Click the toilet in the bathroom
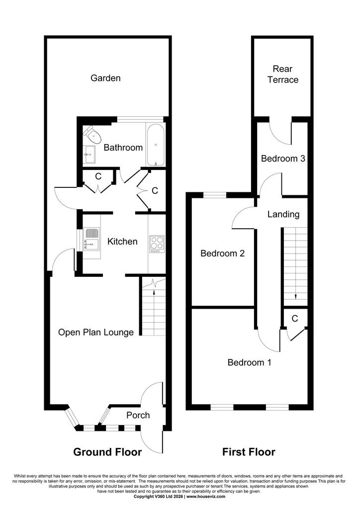click(91, 135)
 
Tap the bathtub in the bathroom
click(156, 145)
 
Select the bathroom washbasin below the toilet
click(89, 155)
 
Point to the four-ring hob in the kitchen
click(157, 244)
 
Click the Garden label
click(105, 78)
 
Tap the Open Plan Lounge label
click(96, 333)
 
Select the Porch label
click(138, 415)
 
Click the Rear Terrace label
click(283, 75)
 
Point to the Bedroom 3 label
click(283, 159)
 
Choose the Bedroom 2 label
click(223, 253)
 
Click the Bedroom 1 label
click(249, 362)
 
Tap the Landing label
click(283, 214)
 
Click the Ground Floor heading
click(107, 452)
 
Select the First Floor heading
click(249, 452)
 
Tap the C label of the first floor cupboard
click(295, 319)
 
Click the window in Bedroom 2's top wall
click(215, 195)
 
